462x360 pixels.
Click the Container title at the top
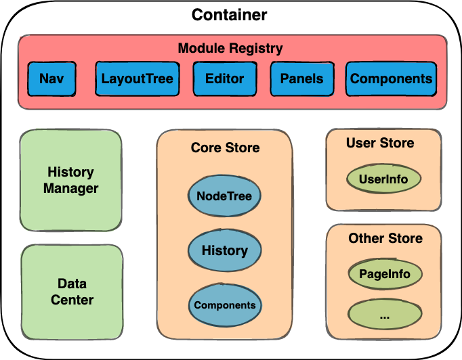pyautogui.click(x=230, y=15)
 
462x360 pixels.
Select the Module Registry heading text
pyautogui.click(x=230, y=49)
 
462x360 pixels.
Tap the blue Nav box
pyautogui.click(x=51, y=78)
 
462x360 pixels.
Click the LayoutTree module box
pyautogui.click(x=138, y=78)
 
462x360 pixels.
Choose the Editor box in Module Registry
pyautogui.click(x=224, y=78)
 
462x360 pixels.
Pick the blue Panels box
pyautogui.click(x=302, y=78)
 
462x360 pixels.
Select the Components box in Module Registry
pyautogui.click(x=391, y=78)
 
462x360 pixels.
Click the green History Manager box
pyautogui.click(x=71, y=180)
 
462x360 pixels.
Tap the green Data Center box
pyautogui.click(x=72, y=292)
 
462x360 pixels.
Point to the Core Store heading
pyautogui.click(x=225, y=148)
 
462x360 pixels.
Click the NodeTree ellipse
pyautogui.click(x=224, y=196)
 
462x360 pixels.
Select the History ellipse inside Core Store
pyautogui.click(x=225, y=250)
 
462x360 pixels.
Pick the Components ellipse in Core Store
pyautogui.click(x=225, y=305)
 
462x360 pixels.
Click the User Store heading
pyautogui.click(x=380, y=143)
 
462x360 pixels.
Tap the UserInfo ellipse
pyautogui.click(x=383, y=180)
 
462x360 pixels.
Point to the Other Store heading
pyautogui.click(x=385, y=238)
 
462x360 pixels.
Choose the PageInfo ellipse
pyautogui.click(x=385, y=275)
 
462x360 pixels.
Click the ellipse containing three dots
pyautogui.click(x=385, y=314)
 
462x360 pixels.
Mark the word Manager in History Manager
pyautogui.click(x=71, y=188)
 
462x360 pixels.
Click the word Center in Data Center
pyautogui.click(x=72, y=300)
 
